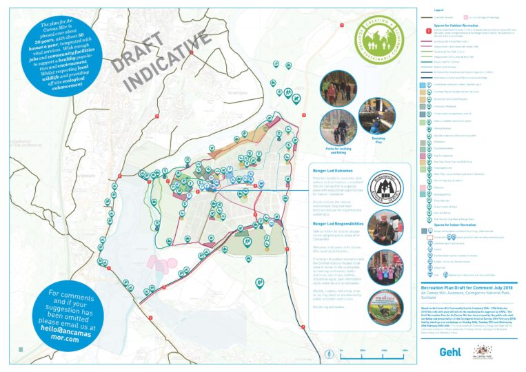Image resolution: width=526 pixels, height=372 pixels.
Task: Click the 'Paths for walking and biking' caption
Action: coord(338,148)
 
